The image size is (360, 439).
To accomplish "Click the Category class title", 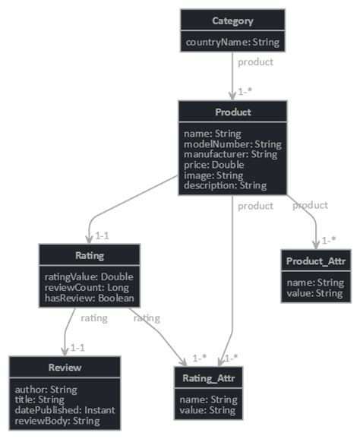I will point(232,21).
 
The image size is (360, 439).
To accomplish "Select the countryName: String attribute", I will point(232,43).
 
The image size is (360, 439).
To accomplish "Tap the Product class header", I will point(233,112).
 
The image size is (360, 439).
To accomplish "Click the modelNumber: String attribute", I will point(232,144).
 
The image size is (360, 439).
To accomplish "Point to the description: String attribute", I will point(226,185).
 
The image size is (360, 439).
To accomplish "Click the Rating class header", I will point(90,256).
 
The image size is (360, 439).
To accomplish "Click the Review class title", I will point(65,368).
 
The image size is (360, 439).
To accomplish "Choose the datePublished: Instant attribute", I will point(65,410).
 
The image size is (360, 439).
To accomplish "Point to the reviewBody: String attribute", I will point(57,421).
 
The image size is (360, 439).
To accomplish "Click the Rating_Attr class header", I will point(208,377).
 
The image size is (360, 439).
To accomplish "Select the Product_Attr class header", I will point(315,261).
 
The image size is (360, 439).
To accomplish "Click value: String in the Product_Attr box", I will point(315,293).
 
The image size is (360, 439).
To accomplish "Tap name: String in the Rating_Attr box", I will point(208,400).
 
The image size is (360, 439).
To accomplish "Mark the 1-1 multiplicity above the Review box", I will point(77,347).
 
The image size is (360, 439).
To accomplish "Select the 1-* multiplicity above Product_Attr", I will point(328,240).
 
